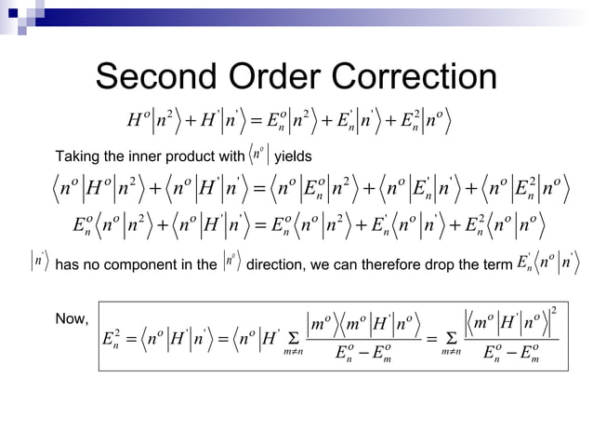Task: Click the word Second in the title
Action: [157, 78]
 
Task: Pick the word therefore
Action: [386, 265]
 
